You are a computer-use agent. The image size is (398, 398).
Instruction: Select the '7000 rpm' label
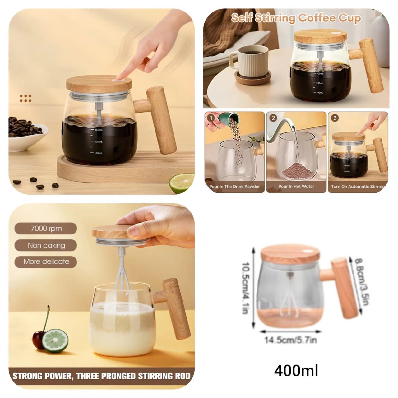(x=46, y=229)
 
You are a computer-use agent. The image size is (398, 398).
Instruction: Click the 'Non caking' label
(x=46, y=245)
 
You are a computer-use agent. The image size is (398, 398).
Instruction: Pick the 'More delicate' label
(x=46, y=261)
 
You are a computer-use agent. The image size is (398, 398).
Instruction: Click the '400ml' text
(x=296, y=371)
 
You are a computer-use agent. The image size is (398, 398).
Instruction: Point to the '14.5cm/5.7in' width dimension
(x=290, y=340)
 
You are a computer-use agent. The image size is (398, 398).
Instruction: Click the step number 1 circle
(x=212, y=118)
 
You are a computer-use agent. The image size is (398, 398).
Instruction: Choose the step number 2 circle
(x=273, y=118)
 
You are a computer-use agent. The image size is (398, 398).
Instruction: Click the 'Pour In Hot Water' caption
(x=296, y=187)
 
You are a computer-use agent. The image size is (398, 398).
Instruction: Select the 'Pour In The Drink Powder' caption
(x=234, y=187)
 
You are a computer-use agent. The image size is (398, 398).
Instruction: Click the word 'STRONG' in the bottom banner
(x=27, y=376)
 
